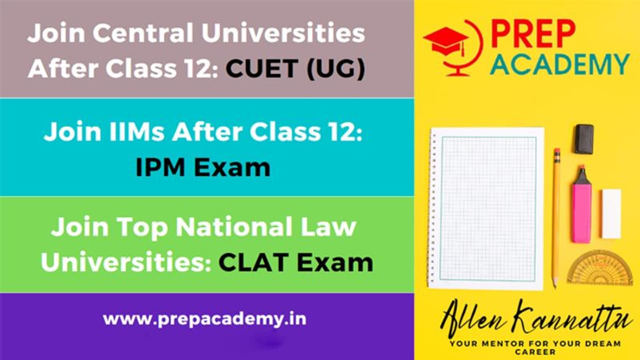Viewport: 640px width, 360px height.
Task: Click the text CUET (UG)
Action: pyautogui.click(x=294, y=68)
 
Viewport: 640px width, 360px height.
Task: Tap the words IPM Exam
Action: pyautogui.click(x=203, y=168)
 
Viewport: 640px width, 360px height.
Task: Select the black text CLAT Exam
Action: pyautogui.click(x=295, y=262)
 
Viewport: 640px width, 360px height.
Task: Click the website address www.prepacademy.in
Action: pyautogui.click(x=204, y=318)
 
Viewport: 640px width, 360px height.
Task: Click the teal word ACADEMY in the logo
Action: pyautogui.click(x=559, y=64)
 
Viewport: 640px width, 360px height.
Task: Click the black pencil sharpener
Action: pyautogui.click(x=584, y=138)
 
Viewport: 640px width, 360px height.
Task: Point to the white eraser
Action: pyautogui.click(x=611, y=213)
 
